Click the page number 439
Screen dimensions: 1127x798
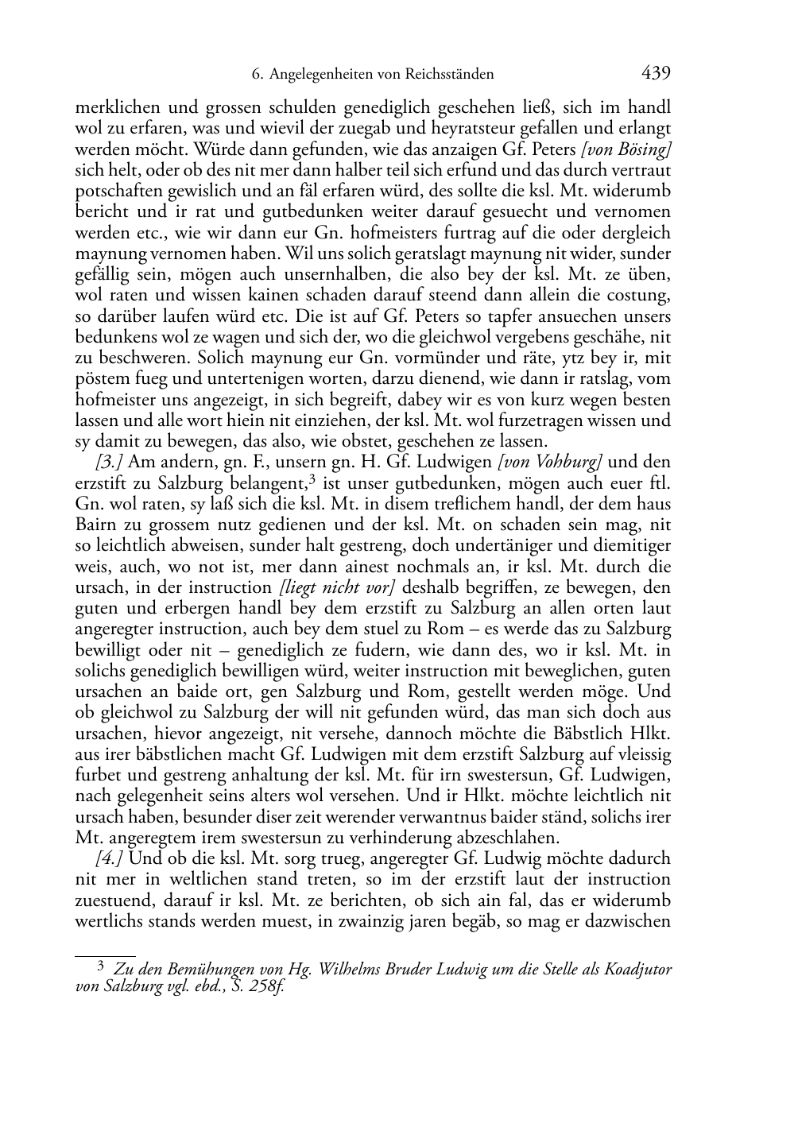(656, 73)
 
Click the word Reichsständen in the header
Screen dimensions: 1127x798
(448, 75)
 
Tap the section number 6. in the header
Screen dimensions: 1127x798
(257, 75)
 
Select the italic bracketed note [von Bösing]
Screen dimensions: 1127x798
(627, 149)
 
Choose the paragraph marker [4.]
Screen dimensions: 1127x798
(110, 858)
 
